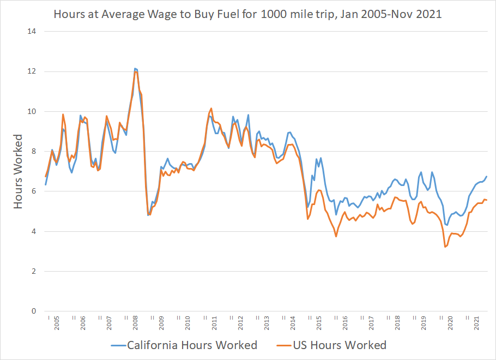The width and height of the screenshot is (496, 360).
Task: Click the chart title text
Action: click(x=247, y=14)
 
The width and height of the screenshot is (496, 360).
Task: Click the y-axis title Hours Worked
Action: click(x=19, y=171)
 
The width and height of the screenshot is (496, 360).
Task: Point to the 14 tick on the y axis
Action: click(x=32, y=31)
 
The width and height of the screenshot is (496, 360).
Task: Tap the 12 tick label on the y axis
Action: click(x=32, y=71)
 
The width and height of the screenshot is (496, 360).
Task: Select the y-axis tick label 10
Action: click(x=32, y=111)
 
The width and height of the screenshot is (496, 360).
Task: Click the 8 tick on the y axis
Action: click(x=34, y=151)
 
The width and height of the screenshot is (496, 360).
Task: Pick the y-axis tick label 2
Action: click(x=34, y=271)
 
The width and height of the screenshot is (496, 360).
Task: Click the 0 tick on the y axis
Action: click(x=34, y=311)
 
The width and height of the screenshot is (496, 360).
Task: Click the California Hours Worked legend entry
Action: click(x=184, y=345)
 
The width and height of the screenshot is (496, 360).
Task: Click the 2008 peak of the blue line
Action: click(x=135, y=68)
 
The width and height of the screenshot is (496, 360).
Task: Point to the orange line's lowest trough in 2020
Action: click(x=445, y=247)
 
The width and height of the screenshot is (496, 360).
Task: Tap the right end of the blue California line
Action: click(x=486, y=176)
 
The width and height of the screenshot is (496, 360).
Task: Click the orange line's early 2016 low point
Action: click(x=336, y=236)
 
